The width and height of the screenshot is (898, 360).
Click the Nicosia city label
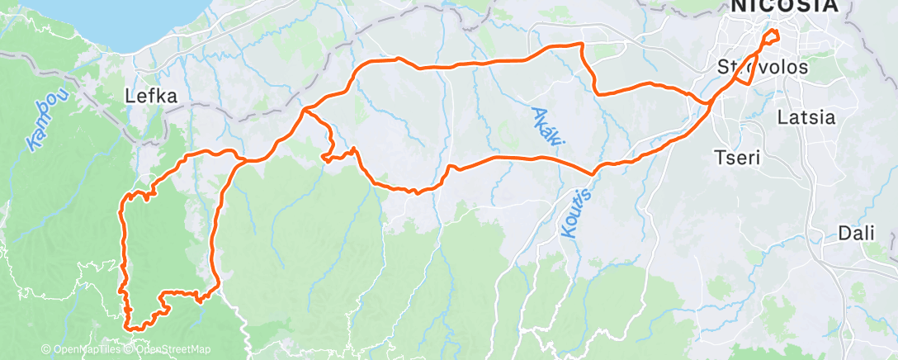pyautogui.click(x=782, y=7)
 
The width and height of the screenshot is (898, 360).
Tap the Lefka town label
pyautogui.click(x=151, y=97)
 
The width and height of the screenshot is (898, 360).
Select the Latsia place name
pyautogui.click(x=805, y=117)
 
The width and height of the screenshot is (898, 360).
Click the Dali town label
pyautogui.click(x=855, y=233)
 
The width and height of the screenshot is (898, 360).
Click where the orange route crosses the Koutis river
pyautogui.click(x=592, y=173)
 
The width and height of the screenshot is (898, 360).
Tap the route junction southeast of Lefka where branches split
pyautogui.click(x=305, y=109)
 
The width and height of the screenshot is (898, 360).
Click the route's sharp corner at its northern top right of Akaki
pyautogui.click(x=582, y=43)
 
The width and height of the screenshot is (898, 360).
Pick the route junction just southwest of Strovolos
pyautogui.click(x=711, y=103)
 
